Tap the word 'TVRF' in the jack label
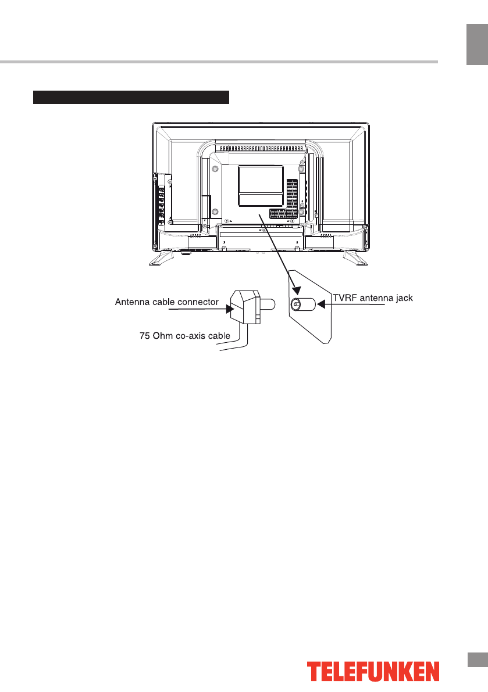coord(344,299)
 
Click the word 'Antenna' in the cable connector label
coord(130,302)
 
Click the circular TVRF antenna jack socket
coord(296,304)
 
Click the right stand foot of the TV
coord(355,257)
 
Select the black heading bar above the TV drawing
coord(131,96)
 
